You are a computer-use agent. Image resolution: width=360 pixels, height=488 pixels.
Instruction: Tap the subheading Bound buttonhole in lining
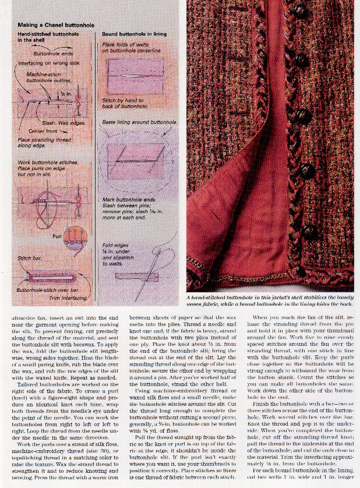coord(133,36)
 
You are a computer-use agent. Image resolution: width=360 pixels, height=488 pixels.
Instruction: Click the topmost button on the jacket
coord(301,10)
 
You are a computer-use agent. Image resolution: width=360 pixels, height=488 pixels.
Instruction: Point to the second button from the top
coord(301,60)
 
